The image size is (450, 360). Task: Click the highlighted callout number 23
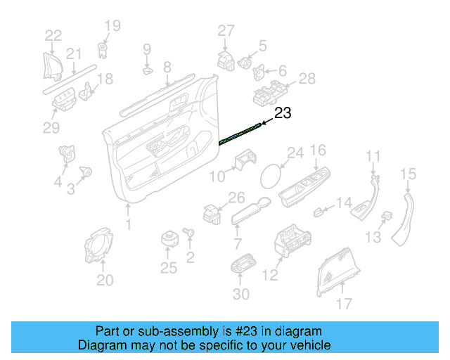(x=282, y=113)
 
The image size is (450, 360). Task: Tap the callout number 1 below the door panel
(x=128, y=224)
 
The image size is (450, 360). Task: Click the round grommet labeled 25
(x=169, y=238)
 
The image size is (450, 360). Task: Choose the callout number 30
(x=241, y=293)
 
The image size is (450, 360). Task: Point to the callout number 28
(x=307, y=79)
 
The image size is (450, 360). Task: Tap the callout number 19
(x=112, y=27)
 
